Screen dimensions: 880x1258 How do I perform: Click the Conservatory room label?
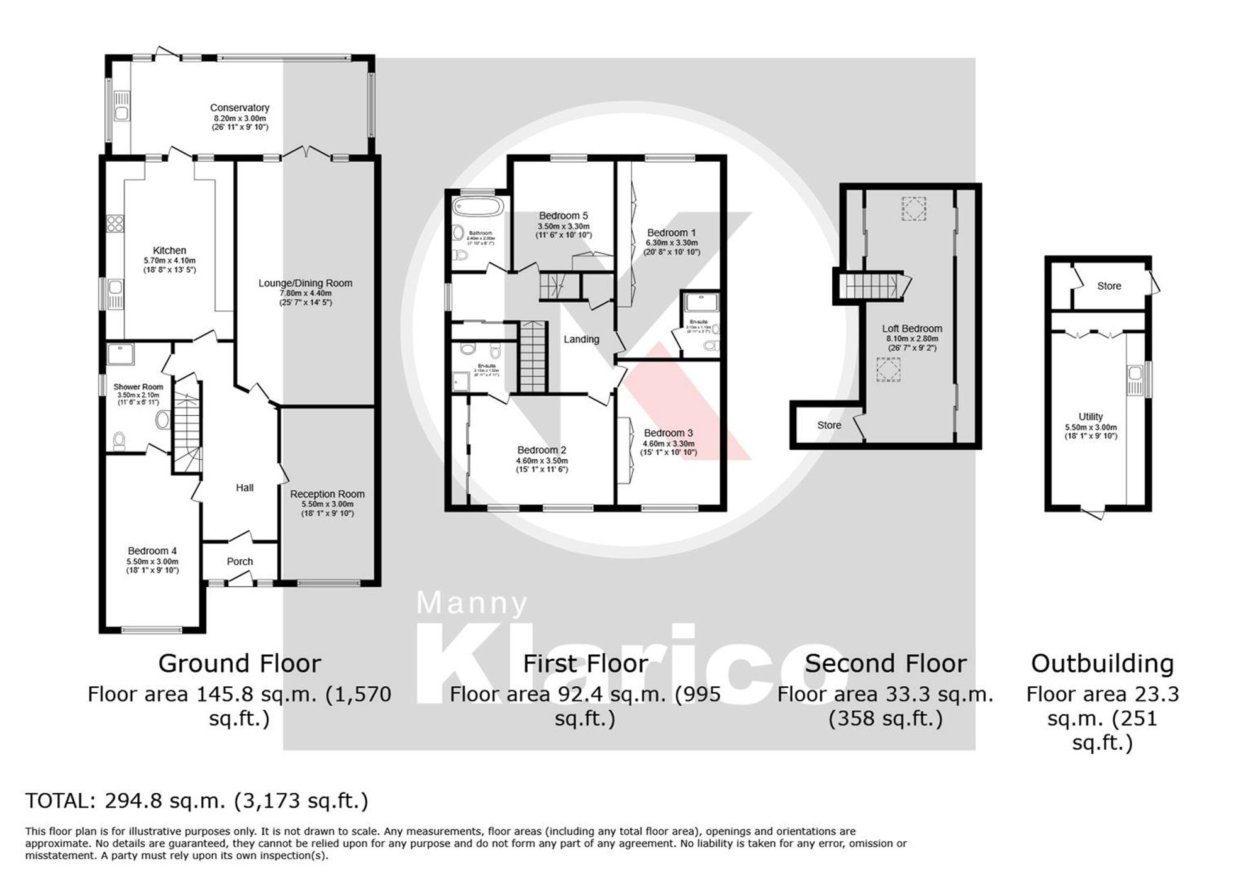(x=240, y=108)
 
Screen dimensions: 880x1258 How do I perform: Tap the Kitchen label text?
(x=169, y=250)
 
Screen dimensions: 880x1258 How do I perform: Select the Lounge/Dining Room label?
(x=305, y=283)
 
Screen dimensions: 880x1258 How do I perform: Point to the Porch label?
(x=240, y=561)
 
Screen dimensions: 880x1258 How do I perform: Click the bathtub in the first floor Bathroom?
(x=478, y=207)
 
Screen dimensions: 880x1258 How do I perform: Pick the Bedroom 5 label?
(x=563, y=216)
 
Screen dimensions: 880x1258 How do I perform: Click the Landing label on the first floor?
(x=581, y=339)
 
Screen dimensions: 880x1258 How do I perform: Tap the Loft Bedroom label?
(x=911, y=328)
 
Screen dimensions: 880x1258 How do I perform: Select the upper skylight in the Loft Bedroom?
(x=914, y=209)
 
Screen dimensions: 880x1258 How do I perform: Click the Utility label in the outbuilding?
(x=1090, y=416)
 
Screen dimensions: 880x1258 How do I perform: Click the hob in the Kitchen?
(x=115, y=223)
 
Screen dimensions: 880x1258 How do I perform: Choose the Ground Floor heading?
(x=240, y=664)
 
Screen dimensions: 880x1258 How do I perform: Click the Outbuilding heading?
(x=1102, y=664)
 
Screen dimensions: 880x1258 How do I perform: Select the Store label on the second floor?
(x=829, y=425)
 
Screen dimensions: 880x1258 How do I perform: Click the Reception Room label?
(x=327, y=494)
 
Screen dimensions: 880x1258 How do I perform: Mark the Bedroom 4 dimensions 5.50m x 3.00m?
(x=153, y=562)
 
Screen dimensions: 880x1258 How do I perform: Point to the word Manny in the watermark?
(x=472, y=603)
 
